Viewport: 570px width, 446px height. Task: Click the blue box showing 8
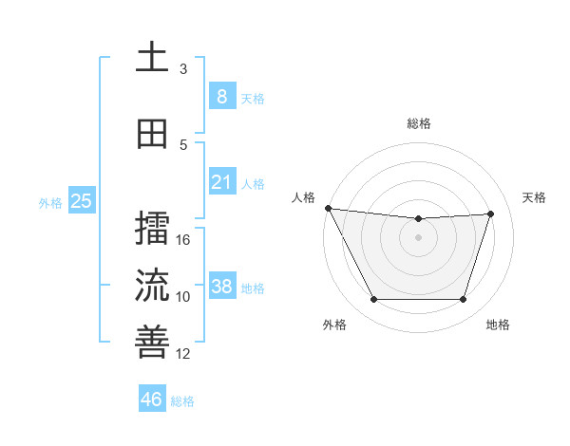(221, 97)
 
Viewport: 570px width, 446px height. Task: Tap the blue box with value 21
(221, 182)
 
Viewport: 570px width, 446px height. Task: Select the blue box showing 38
(221, 287)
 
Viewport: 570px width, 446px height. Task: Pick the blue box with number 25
(81, 201)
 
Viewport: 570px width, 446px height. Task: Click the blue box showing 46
(152, 400)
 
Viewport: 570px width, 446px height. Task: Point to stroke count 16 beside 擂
(183, 240)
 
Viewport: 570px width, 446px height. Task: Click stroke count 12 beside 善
(183, 354)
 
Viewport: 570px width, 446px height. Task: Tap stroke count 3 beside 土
(183, 69)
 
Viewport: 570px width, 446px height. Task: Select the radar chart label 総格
(418, 123)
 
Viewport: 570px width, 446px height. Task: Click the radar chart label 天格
(534, 197)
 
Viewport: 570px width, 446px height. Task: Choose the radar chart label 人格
(303, 197)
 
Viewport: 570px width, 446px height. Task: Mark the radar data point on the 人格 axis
(328, 208)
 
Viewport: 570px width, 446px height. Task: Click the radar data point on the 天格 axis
(490, 214)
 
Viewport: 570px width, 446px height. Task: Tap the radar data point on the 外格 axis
(373, 300)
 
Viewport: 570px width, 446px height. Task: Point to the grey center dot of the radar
(418, 237)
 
